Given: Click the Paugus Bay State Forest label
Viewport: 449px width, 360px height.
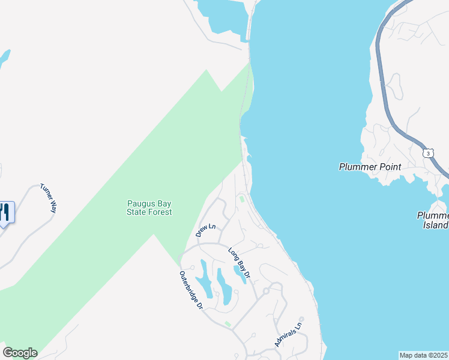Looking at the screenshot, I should click(149, 208).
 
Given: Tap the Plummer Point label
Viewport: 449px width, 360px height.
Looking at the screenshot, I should click(369, 167).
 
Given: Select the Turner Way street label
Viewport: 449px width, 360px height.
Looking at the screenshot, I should click(48, 198).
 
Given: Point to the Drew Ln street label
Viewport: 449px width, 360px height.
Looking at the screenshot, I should click(205, 230).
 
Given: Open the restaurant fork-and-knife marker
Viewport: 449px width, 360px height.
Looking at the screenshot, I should click(5, 212).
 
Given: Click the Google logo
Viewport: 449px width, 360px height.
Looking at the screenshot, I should click(20, 353).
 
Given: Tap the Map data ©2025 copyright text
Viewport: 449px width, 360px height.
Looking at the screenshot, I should click(424, 355).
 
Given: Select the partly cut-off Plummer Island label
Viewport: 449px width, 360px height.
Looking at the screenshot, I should click(433, 220).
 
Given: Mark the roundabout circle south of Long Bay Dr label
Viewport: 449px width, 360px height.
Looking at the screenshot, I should click(265, 290).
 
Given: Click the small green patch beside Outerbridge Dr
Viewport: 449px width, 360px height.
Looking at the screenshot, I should click(228, 324).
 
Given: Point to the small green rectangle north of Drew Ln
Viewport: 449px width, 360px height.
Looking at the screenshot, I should click(241, 199).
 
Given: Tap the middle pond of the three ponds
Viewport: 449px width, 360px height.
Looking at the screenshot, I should click(223, 286).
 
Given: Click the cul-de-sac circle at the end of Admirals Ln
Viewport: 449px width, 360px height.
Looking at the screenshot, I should click(302, 319).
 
